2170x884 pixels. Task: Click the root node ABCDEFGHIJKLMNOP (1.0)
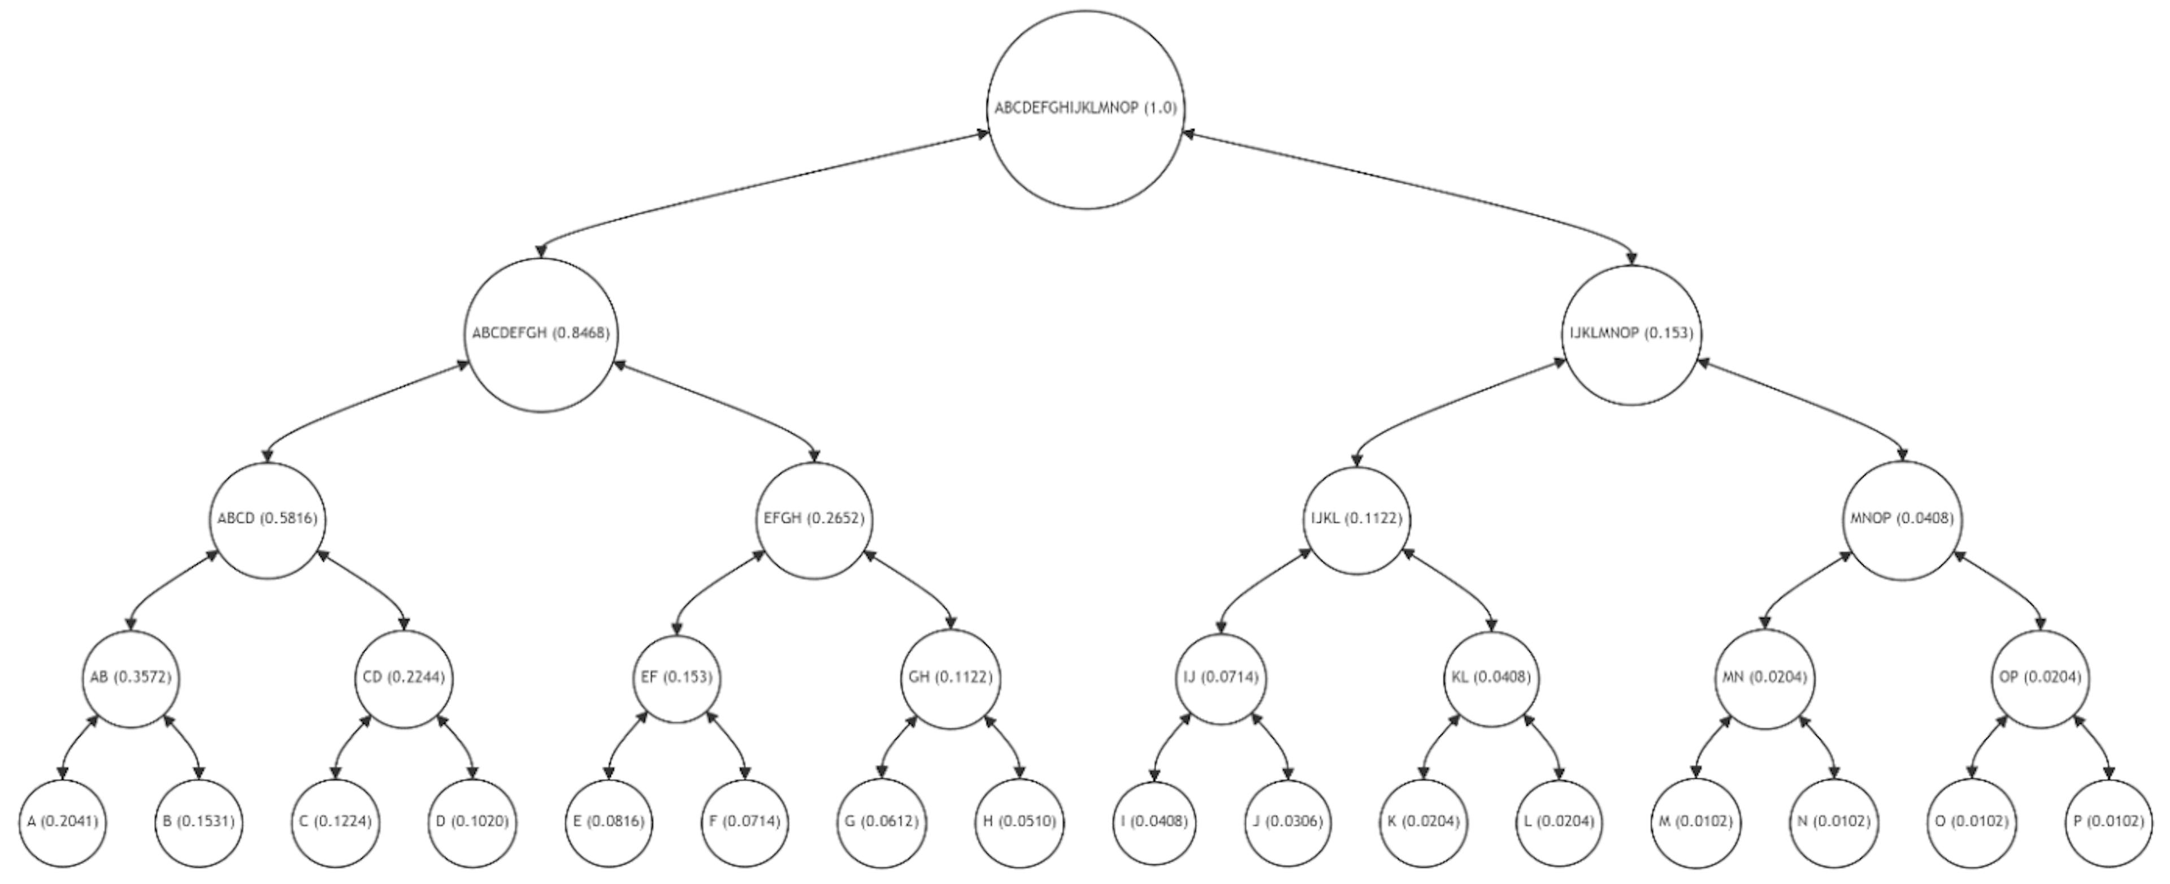[x=1085, y=109]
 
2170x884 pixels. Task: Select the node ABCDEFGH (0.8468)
[x=541, y=334]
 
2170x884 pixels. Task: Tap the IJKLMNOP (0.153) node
[x=1631, y=334]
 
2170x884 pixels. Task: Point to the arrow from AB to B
[x=188, y=741]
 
